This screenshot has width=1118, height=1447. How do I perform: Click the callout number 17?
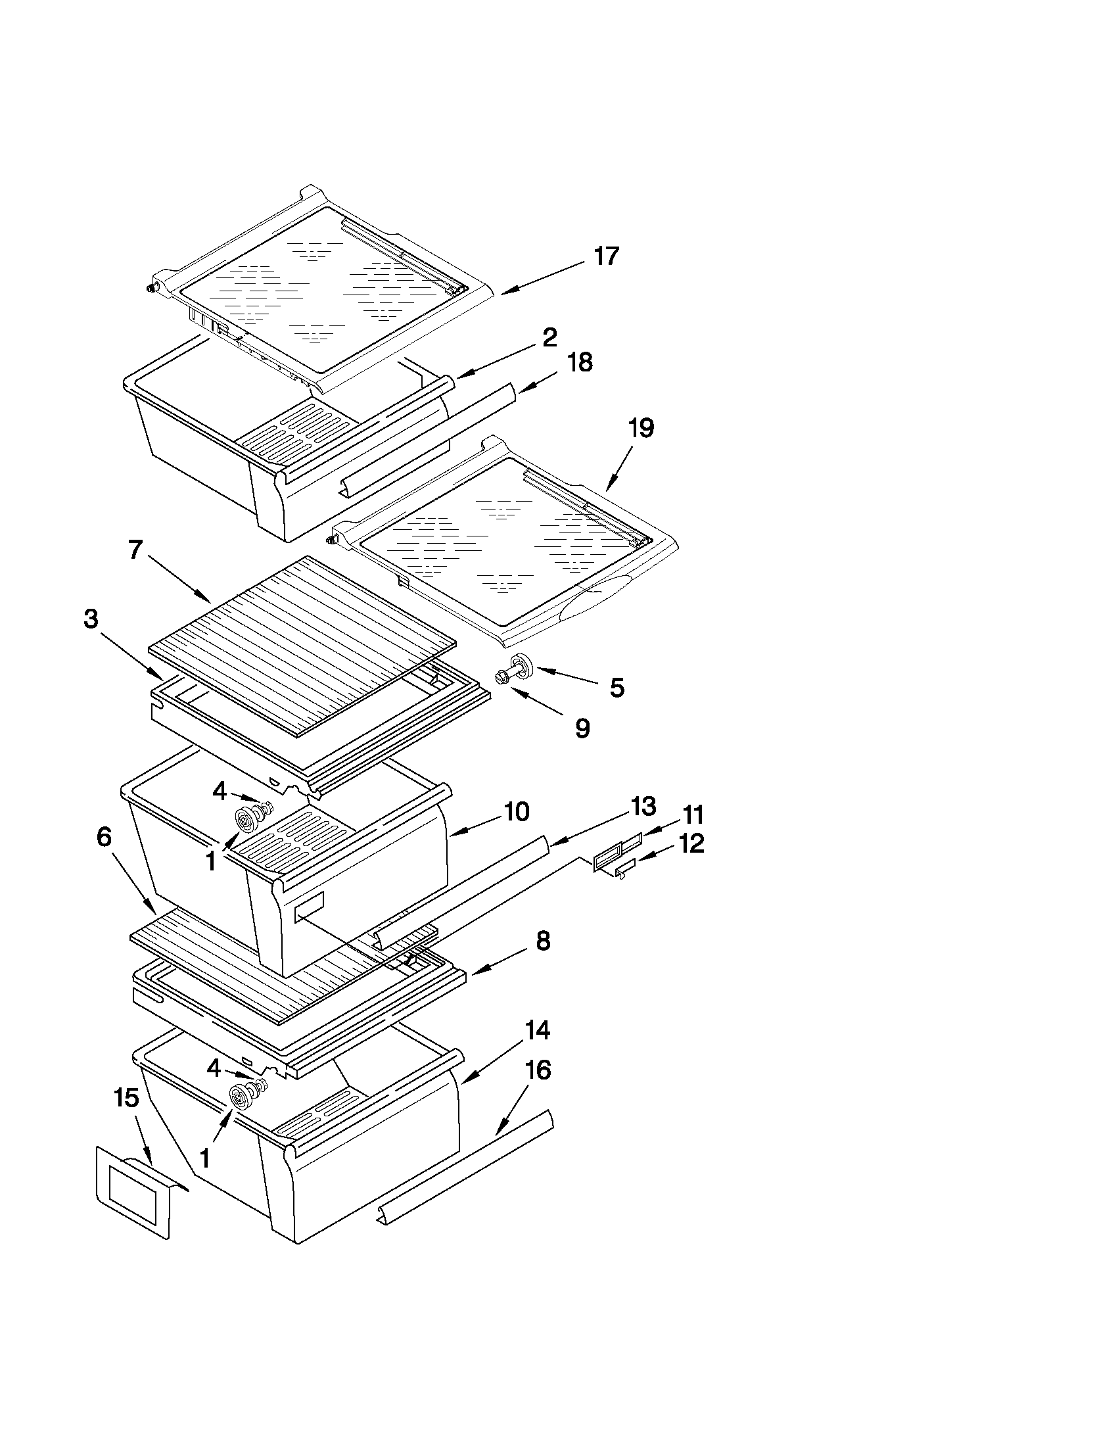(x=605, y=256)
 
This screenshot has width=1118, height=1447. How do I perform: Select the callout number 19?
(x=640, y=428)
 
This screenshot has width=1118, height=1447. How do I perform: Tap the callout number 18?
(x=580, y=362)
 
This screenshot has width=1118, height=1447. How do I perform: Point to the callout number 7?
(x=135, y=549)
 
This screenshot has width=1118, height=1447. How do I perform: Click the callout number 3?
(x=91, y=619)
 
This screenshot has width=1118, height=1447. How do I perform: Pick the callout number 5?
(x=617, y=688)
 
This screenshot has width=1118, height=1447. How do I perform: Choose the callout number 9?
(x=582, y=728)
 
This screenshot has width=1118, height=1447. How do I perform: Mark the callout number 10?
(x=516, y=811)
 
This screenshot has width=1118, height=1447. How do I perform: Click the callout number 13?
(x=642, y=805)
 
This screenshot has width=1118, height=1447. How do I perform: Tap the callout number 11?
(x=693, y=815)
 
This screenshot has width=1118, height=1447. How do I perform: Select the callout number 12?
(x=691, y=843)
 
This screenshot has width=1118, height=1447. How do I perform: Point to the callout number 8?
(x=542, y=941)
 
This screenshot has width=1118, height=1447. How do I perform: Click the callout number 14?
(x=537, y=1030)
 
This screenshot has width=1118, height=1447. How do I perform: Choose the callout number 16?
(x=538, y=1070)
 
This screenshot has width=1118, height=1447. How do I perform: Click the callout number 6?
(x=104, y=837)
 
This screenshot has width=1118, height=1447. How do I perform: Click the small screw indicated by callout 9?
(x=501, y=677)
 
